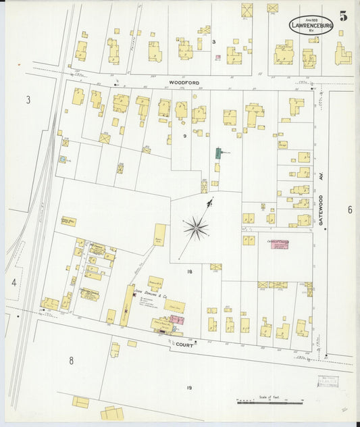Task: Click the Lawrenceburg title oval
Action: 311,26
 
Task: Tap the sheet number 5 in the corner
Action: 344,17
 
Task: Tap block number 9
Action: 184,136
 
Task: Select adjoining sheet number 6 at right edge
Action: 349,209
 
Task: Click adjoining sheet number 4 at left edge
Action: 14,282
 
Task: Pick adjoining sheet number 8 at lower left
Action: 70,360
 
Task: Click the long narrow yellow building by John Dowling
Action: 126,305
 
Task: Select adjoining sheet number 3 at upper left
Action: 28,100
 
